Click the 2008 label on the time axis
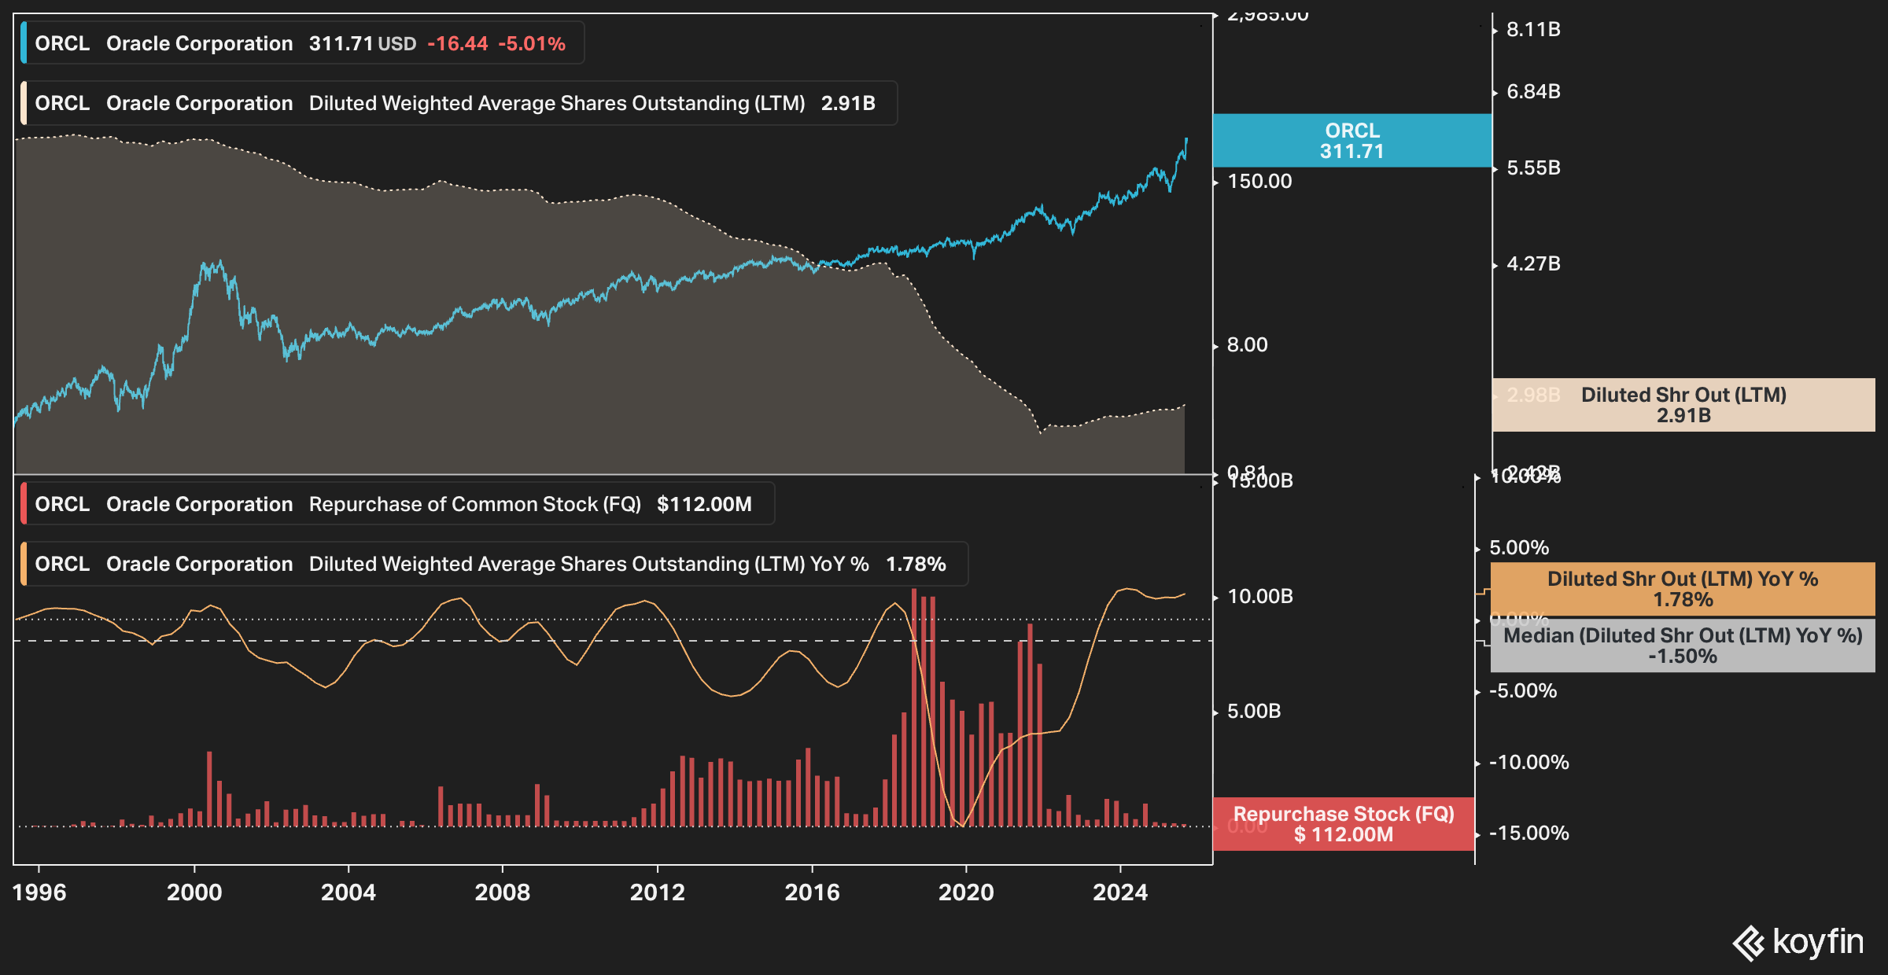[502, 892]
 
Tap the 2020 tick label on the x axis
[965, 892]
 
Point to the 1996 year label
[39, 892]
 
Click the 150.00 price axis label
[1259, 182]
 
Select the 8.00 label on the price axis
[1247, 345]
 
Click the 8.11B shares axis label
[1532, 30]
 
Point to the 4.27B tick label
[1532, 264]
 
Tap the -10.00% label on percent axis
[1528, 763]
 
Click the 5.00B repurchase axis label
[1254, 712]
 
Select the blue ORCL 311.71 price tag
[1351, 141]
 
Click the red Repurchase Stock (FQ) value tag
[1343, 824]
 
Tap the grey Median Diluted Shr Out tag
[1682, 646]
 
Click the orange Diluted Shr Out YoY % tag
[1682, 589]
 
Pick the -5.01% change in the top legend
[532, 44]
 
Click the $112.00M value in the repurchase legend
[704, 505]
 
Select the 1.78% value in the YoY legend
[916, 565]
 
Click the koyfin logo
[1798, 942]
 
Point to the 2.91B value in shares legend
[848, 104]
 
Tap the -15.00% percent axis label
[1528, 833]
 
